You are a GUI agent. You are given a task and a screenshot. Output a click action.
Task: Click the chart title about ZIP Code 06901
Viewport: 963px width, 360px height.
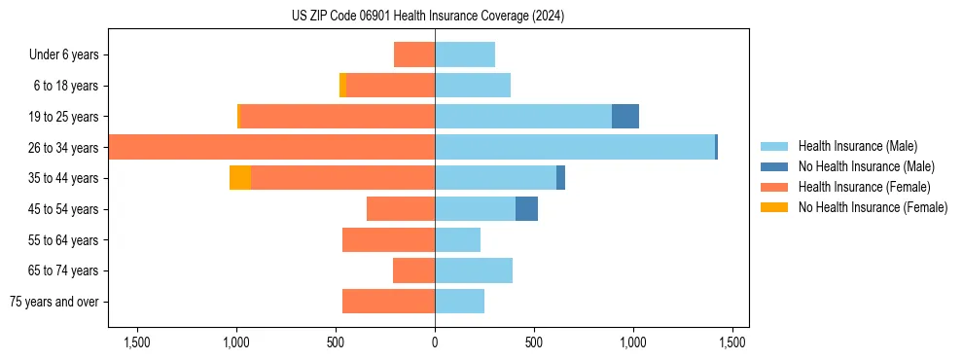click(x=428, y=17)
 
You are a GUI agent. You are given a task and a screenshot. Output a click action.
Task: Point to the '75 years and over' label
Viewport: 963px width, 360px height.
click(x=54, y=302)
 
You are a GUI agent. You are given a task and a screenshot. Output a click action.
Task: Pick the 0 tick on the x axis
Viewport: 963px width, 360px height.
click(x=435, y=343)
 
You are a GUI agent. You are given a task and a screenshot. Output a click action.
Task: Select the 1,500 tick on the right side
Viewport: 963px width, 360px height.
click(x=731, y=343)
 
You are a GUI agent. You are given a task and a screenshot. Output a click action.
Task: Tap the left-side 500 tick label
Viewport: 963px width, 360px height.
click(x=336, y=343)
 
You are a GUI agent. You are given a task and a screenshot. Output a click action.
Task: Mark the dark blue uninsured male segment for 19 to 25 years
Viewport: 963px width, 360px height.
click(x=625, y=117)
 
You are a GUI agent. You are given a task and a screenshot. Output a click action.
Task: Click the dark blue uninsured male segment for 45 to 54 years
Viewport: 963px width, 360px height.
click(x=526, y=209)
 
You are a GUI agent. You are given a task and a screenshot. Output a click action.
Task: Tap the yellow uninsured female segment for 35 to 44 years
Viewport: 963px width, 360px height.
click(x=240, y=178)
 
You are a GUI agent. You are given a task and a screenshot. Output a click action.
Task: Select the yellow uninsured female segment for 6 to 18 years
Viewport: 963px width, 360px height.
click(x=342, y=86)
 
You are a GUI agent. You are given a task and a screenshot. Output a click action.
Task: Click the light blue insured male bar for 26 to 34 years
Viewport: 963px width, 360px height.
click(x=574, y=148)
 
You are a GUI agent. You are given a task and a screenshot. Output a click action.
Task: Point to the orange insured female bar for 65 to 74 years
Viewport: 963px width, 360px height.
click(x=413, y=270)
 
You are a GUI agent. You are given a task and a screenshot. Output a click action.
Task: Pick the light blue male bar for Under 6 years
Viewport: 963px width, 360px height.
click(x=465, y=54)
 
